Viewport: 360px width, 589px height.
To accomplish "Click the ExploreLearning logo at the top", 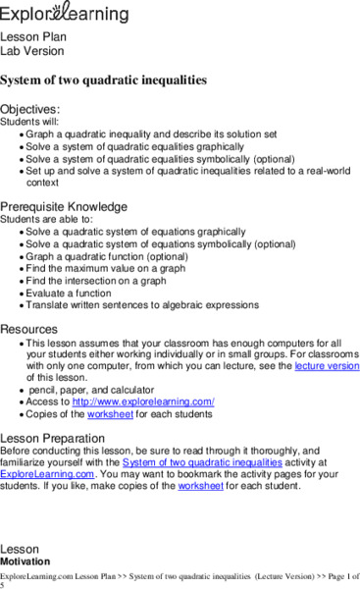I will (64, 13).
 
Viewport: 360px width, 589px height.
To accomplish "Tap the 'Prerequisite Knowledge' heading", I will (64, 207).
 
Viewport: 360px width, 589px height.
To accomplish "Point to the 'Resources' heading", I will (28, 329).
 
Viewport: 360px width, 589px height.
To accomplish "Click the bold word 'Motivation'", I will (26, 561).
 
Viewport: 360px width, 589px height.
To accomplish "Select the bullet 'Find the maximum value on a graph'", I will (110, 268).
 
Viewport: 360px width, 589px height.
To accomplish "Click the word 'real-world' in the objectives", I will (321, 170).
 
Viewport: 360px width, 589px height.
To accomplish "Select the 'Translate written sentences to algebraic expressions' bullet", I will (148, 305).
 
